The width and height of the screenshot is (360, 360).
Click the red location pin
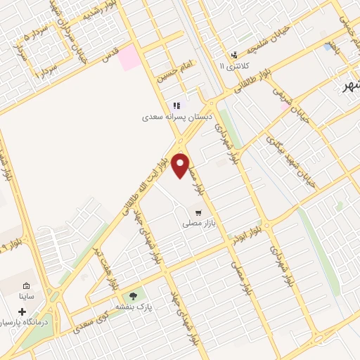click(181, 165)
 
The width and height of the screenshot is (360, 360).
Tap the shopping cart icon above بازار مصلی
click(198, 212)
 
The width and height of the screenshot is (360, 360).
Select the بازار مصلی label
click(197, 224)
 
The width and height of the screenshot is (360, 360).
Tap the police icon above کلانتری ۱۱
click(234, 55)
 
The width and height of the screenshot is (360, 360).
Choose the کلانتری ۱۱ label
click(234, 66)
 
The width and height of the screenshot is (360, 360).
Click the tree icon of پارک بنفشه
click(133, 297)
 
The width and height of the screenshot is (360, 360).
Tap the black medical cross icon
click(22, 311)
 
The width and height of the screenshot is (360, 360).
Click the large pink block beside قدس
click(128, 58)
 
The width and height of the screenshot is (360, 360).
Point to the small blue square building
click(328, 46)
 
